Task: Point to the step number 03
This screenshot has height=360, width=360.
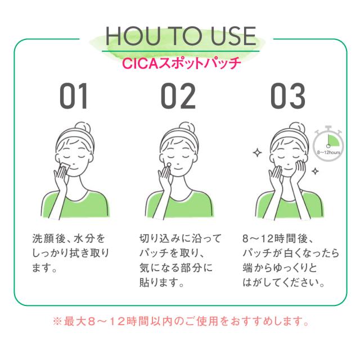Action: pyautogui.click(x=288, y=96)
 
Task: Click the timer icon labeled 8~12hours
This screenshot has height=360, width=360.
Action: pyautogui.click(x=328, y=143)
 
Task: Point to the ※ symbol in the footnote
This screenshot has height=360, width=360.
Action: pyautogui.click(x=56, y=323)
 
